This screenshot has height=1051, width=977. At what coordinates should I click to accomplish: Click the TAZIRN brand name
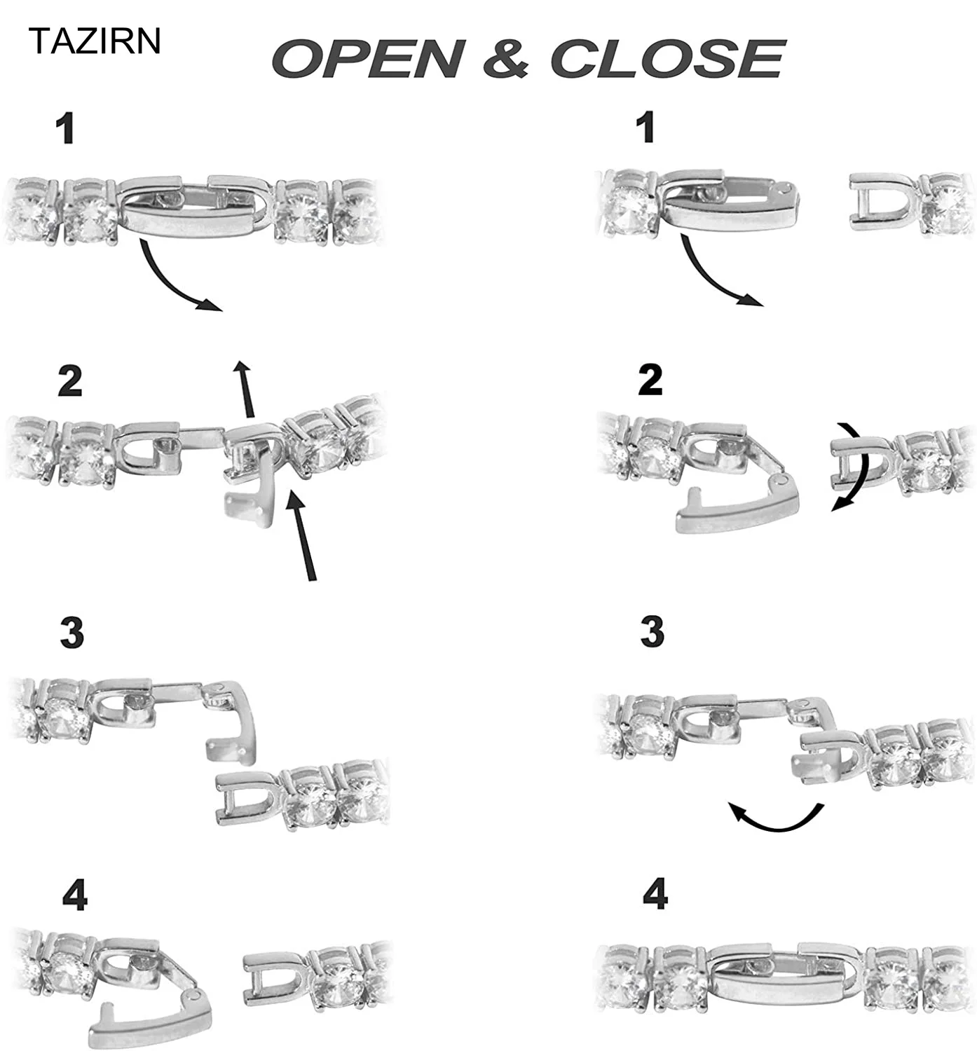[95, 42]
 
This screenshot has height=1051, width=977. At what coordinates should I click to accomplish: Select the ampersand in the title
[505, 59]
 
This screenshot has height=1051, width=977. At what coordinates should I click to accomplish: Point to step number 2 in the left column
[70, 382]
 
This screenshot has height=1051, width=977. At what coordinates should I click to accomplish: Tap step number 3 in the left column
[72, 633]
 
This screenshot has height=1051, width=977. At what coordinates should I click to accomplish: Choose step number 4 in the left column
[75, 895]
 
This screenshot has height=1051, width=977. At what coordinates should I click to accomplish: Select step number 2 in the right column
[650, 380]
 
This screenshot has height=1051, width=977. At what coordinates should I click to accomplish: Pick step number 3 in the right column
[652, 631]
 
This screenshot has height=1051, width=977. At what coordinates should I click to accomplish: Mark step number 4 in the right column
[655, 895]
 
